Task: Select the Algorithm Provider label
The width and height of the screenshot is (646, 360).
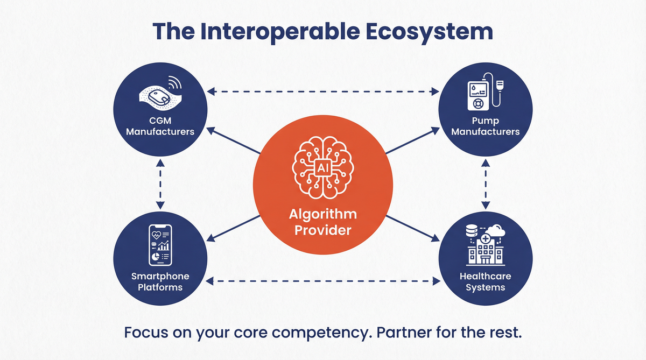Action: (x=322, y=222)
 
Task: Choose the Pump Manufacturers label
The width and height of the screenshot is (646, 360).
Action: (x=485, y=126)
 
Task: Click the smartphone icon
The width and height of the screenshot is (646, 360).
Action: (x=160, y=245)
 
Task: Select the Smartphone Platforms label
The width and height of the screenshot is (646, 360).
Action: (x=160, y=281)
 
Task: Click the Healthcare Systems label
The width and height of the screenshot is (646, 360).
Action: (x=485, y=281)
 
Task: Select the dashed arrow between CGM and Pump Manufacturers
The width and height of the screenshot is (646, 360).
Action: (x=322, y=93)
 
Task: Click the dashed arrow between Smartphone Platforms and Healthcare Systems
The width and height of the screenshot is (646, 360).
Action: (x=322, y=280)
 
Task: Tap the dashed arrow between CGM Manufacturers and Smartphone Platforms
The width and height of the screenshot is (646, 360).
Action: (x=159, y=183)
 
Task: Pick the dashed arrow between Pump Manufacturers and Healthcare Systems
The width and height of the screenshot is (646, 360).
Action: (x=486, y=183)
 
